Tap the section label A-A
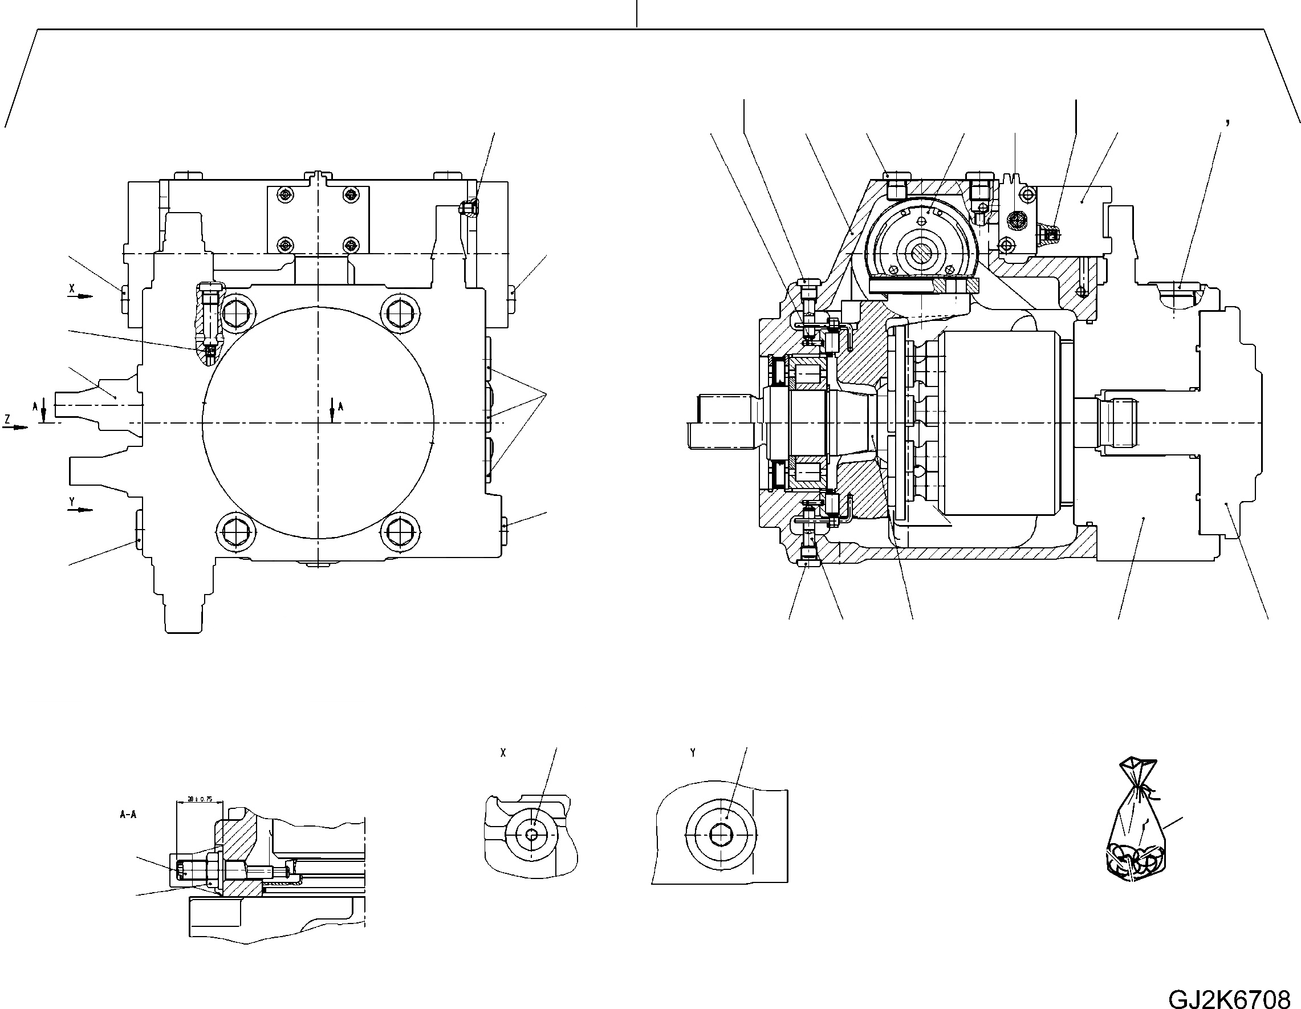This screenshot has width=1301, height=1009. click(128, 815)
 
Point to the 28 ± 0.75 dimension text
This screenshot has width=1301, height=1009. click(200, 799)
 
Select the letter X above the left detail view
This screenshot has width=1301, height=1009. click(503, 753)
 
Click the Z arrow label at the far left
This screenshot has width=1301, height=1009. click(7, 420)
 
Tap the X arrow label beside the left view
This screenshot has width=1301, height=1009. click(72, 287)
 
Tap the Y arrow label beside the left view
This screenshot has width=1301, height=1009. click(72, 502)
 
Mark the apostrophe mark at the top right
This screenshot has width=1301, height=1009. click(1227, 123)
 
